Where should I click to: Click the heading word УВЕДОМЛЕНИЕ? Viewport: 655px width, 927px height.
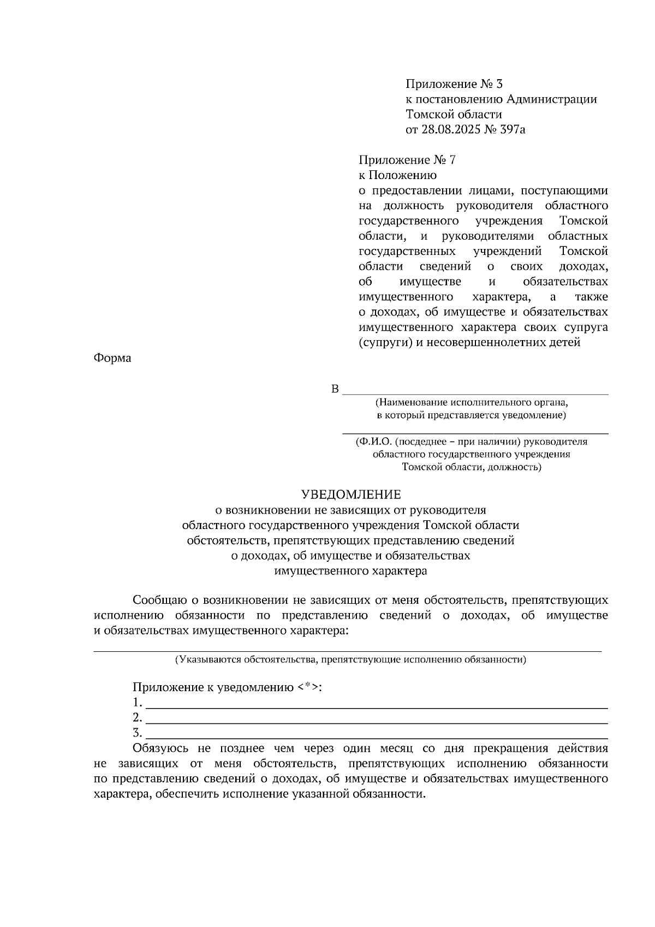pyautogui.click(x=351, y=495)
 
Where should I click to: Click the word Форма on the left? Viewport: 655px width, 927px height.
pyautogui.click(x=112, y=359)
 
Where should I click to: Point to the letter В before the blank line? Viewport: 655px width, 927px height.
pyautogui.click(x=335, y=389)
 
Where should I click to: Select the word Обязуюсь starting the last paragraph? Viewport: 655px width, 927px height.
pyautogui.click(x=160, y=748)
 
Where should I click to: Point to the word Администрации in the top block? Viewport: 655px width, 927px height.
pyautogui.click(x=551, y=99)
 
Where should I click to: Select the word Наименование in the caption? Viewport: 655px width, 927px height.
pyautogui.click(x=412, y=403)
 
